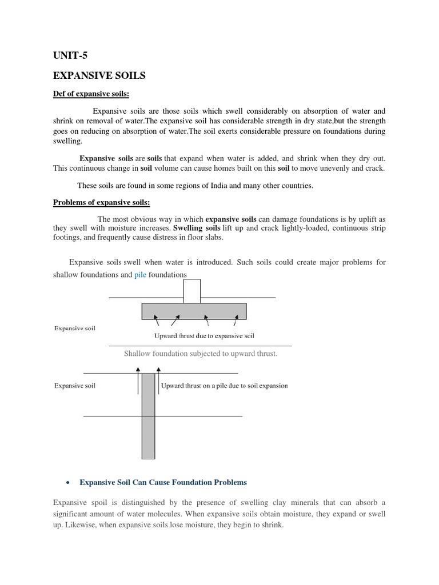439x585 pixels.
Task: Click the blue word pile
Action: tap(141, 274)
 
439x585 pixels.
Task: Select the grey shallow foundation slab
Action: tap(194, 311)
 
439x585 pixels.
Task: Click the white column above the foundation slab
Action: tap(191, 291)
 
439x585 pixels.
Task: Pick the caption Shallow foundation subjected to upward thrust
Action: tap(201, 354)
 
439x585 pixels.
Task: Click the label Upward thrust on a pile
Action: tap(225, 386)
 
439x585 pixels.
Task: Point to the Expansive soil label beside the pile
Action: tap(75, 386)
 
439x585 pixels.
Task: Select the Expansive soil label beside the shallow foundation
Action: tap(75, 328)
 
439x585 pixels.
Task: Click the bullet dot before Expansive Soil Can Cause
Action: tap(68, 483)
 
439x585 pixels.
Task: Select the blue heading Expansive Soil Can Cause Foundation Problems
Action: tap(163, 483)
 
